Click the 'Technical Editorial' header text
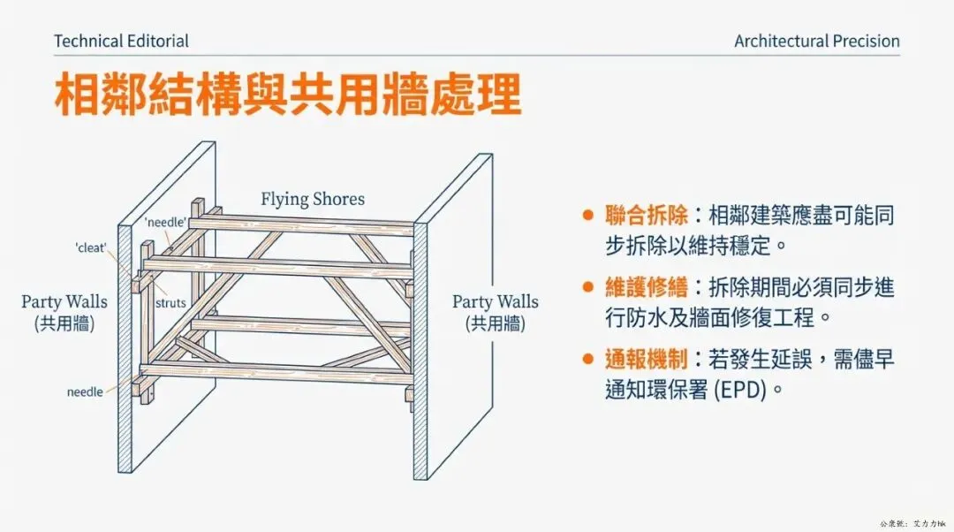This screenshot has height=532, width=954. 121,41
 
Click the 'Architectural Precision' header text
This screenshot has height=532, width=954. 816,41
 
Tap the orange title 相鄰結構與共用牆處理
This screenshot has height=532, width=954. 288,95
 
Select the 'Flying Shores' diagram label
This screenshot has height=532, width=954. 312,199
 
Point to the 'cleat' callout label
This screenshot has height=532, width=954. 91,248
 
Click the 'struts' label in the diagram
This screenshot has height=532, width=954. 170,302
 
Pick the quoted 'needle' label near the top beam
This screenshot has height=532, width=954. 164,223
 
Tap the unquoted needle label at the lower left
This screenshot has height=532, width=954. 85,391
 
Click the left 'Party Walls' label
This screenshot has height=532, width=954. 64,302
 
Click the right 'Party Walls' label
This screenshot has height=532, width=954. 495,302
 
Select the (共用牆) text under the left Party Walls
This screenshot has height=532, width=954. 64,323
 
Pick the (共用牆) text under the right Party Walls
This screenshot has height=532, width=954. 495,323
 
